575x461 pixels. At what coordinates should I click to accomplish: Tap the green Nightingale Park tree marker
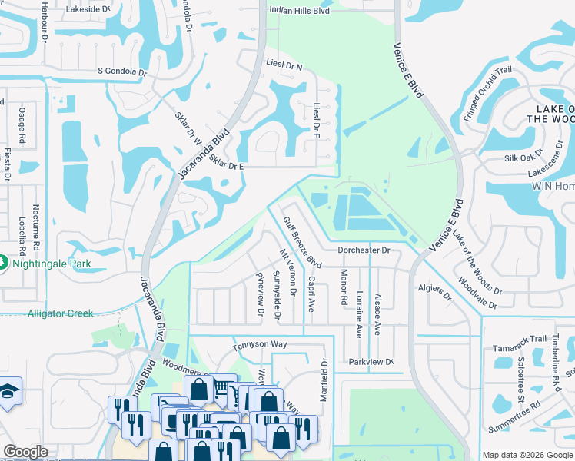tap(3, 264)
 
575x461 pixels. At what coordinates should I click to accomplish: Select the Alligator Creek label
tap(60, 313)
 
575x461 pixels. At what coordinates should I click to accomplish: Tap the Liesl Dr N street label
tap(284, 67)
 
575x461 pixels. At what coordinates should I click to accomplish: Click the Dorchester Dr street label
tap(364, 250)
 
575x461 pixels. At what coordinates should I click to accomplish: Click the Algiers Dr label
tap(435, 292)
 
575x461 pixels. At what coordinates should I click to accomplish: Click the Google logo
tap(26, 452)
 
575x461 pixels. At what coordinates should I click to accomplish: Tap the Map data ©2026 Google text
tap(527, 455)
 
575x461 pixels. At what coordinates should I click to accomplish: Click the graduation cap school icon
tap(8, 392)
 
